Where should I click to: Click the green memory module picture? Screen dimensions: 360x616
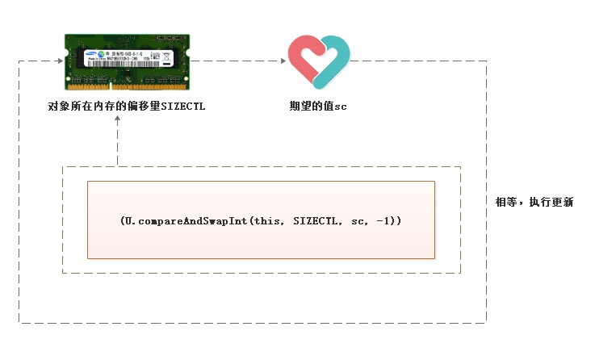(128, 61)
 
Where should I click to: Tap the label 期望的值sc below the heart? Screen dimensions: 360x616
(317, 106)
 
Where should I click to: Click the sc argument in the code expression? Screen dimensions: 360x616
(358, 220)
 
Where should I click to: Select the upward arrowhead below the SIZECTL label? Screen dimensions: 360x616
(118, 119)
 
